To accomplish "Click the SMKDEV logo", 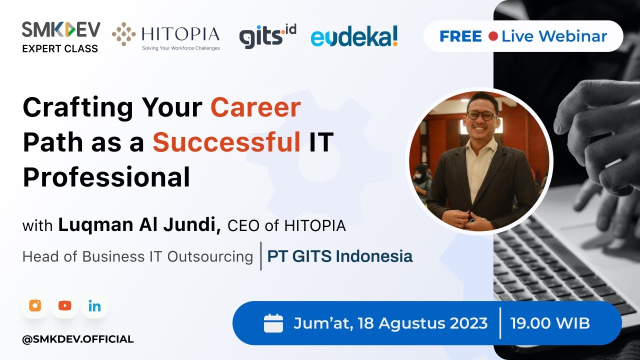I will [60, 30].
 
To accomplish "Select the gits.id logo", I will [267, 36].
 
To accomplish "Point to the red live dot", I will [493, 36].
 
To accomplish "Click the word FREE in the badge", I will [460, 36].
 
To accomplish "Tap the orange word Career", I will [255, 107].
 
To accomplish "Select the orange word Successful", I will [226, 142].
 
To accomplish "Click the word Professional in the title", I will [106, 177].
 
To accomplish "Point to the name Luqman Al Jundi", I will [139, 225].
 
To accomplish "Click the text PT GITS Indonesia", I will [340, 256].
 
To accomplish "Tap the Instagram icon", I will [35, 306].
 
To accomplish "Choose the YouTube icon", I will [64, 306].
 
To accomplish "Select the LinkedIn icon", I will [94, 306].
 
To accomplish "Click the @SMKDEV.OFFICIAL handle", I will [78, 339].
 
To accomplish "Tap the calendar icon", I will [273, 323].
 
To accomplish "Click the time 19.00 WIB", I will [550, 323].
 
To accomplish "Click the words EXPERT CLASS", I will [60, 48].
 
